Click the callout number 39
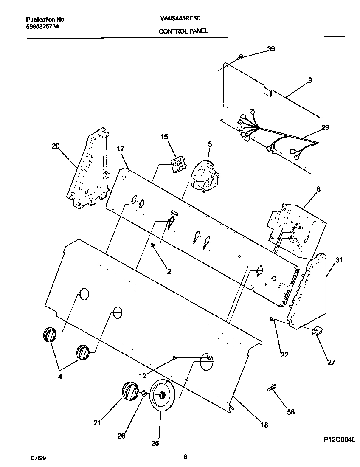tap(271, 49)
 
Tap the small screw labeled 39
tap(241, 56)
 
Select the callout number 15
tap(164, 137)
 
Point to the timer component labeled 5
tap(203, 175)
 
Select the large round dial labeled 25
tap(162, 395)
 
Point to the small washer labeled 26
tap(144, 394)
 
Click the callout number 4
tap(59, 376)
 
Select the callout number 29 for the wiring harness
tap(325, 127)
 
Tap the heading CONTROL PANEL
tap(183, 31)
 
